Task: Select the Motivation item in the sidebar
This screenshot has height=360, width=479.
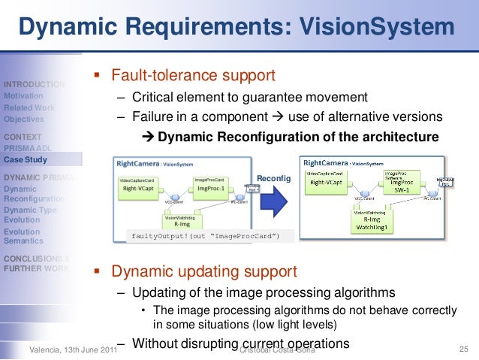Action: (23, 96)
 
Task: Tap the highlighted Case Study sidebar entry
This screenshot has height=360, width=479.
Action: (26, 159)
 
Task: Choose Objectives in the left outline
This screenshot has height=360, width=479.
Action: (23, 119)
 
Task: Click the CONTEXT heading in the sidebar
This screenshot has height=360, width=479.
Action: (23, 137)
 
